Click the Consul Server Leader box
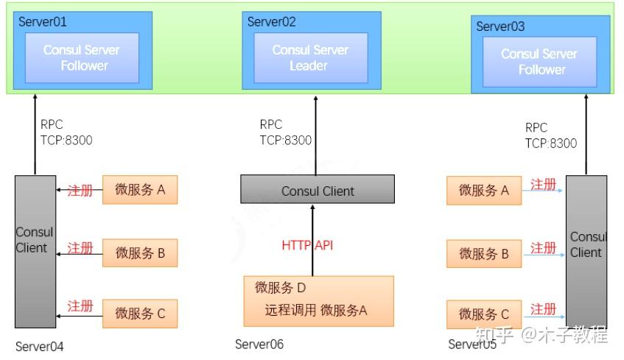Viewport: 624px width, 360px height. click(x=310, y=57)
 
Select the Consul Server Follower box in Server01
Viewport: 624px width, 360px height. click(x=82, y=57)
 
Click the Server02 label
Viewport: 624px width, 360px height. click(x=272, y=22)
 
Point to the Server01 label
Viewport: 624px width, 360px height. click(x=43, y=22)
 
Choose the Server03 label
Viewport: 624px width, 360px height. click(x=500, y=27)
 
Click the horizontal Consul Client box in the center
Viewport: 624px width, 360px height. click(x=318, y=191)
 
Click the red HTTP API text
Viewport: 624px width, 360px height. click(x=307, y=245)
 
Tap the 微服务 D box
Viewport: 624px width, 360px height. click(x=318, y=300)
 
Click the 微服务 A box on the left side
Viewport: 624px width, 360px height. click(x=140, y=190)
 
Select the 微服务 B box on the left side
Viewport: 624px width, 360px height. click(x=140, y=253)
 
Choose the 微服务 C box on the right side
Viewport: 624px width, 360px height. click(x=484, y=314)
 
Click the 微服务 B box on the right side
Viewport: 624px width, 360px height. click(x=484, y=254)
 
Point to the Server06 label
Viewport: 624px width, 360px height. click(x=259, y=345)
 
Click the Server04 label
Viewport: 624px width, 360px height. click(x=40, y=347)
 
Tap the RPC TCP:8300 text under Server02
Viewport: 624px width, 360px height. click(x=285, y=133)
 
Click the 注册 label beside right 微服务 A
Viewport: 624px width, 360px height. click(x=543, y=185)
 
